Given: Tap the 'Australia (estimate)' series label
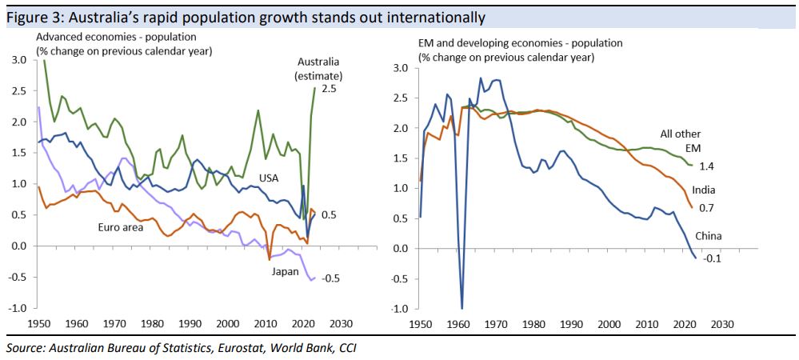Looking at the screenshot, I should click(x=319, y=69).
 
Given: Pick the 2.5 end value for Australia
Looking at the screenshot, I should click(x=328, y=90).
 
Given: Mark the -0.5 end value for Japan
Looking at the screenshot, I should click(x=330, y=278).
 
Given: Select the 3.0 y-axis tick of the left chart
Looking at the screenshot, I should click(x=18, y=60).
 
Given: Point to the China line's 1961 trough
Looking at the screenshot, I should click(x=461, y=306).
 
